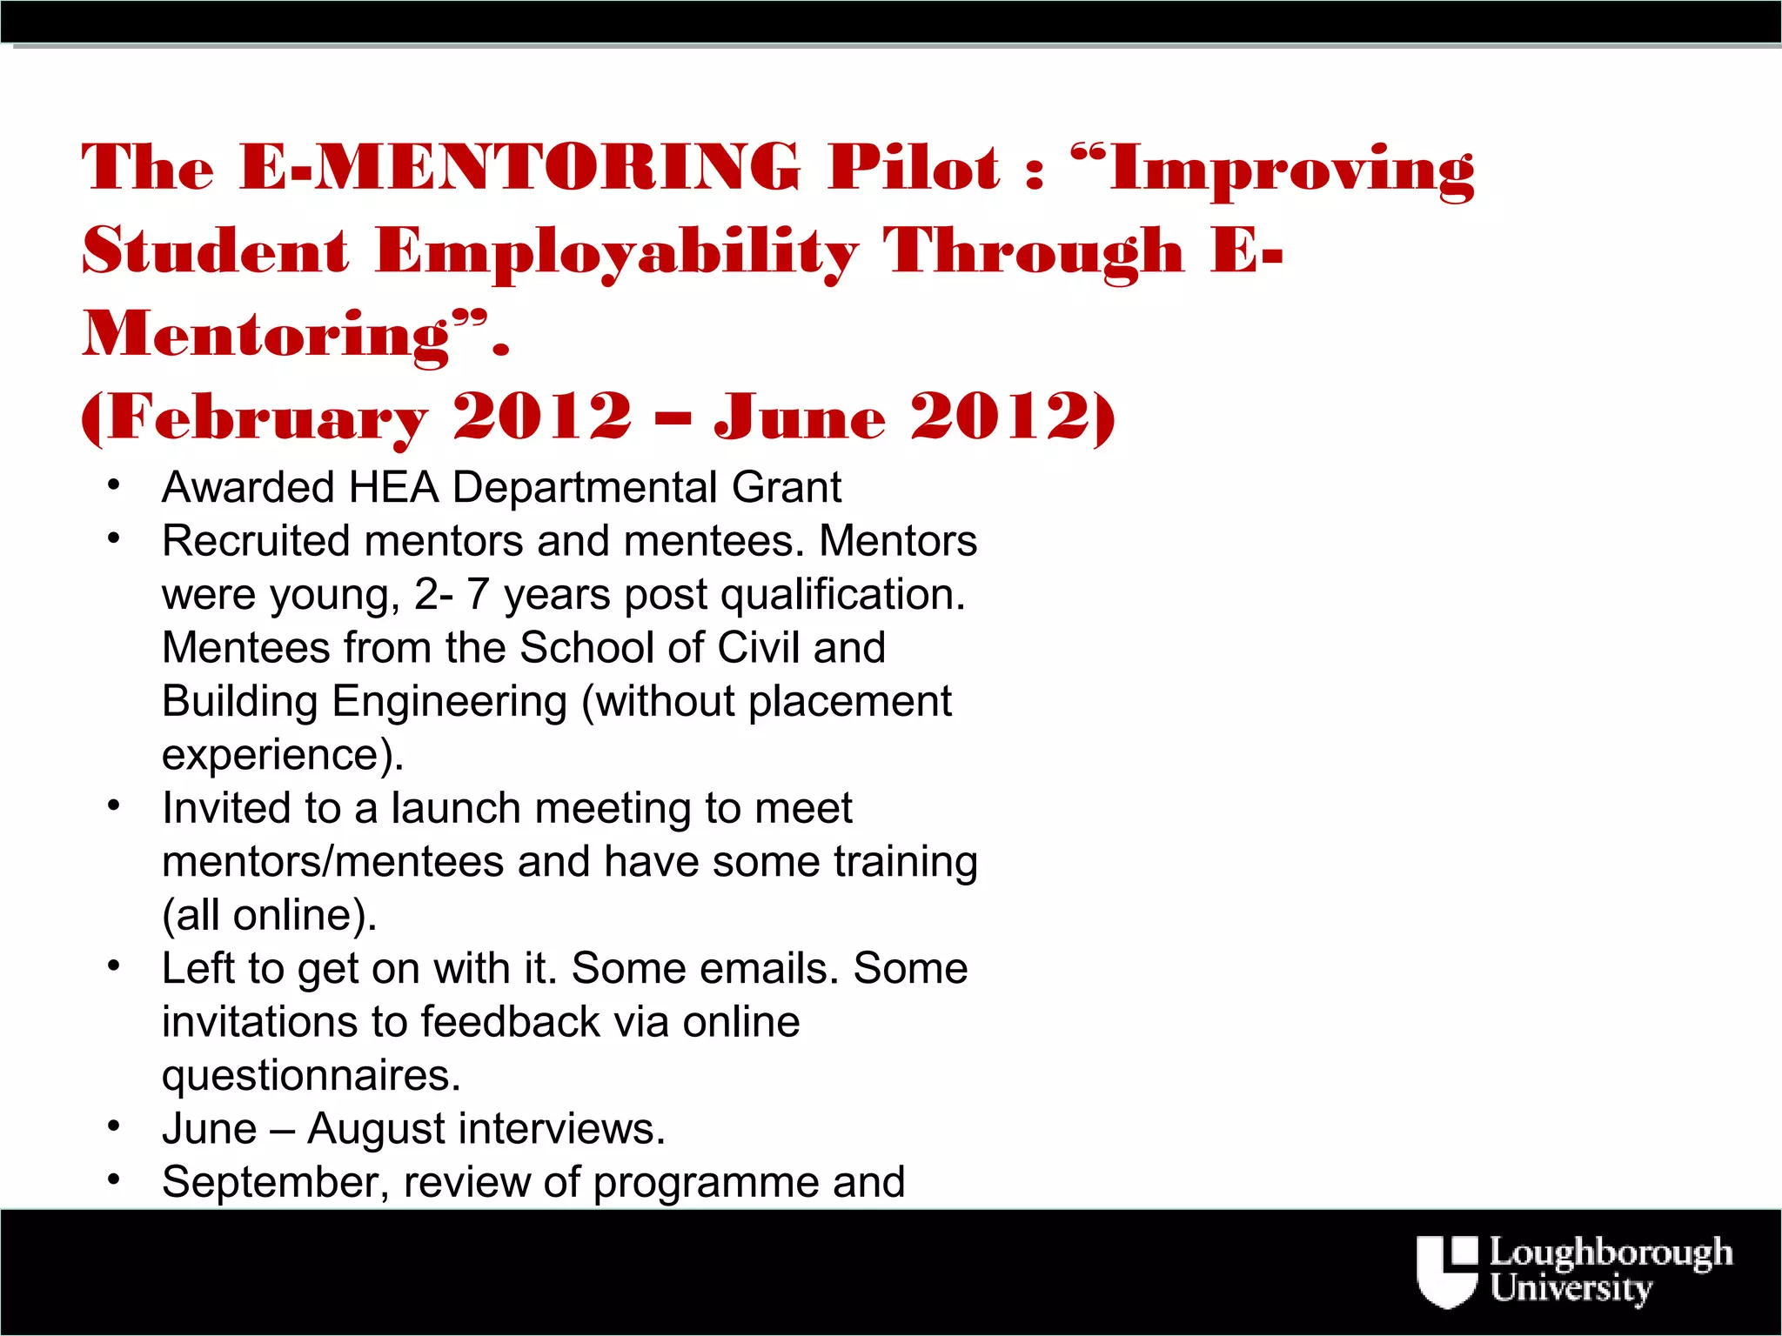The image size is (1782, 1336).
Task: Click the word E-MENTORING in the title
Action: (x=519, y=167)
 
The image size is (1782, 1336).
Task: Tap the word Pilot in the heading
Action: (x=914, y=167)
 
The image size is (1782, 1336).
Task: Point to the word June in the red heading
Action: (x=799, y=417)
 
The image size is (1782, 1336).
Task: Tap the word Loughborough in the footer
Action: (x=1611, y=1253)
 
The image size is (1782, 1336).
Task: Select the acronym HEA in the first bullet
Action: (x=393, y=487)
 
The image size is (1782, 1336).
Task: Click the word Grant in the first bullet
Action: (x=787, y=487)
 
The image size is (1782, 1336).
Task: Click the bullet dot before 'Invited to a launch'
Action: (x=113, y=806)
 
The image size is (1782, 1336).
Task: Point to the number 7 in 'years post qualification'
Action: (x=478, y=595)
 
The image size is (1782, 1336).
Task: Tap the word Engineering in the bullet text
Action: (x=450, y=702)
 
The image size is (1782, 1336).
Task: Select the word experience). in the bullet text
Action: (x=283, y=755)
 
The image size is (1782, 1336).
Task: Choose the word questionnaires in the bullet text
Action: (x=310, y=1076)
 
